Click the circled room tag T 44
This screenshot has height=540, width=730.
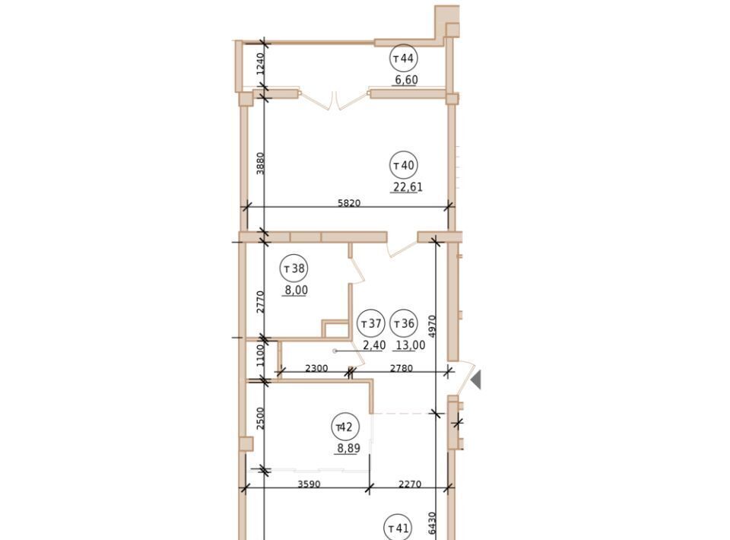403,59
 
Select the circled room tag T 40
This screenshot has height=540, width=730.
403,165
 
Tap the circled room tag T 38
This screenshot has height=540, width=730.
294,268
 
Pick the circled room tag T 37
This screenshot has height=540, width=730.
371,323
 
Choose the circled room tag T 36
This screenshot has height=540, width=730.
404,323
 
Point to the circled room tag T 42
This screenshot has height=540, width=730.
345,427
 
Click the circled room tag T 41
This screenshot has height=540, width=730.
398,528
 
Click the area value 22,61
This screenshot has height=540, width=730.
408,187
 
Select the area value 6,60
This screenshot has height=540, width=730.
406,80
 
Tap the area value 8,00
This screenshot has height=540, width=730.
297,291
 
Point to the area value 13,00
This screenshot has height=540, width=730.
410,345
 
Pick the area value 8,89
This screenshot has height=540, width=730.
349,449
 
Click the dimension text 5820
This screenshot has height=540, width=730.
349,203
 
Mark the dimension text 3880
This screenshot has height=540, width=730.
260,164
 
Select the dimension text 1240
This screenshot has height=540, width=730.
260,64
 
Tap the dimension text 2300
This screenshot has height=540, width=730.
316,368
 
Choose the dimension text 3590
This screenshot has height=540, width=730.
309,484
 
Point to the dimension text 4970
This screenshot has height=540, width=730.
432,326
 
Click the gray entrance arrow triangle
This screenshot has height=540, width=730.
476,380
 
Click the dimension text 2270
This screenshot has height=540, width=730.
410,484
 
